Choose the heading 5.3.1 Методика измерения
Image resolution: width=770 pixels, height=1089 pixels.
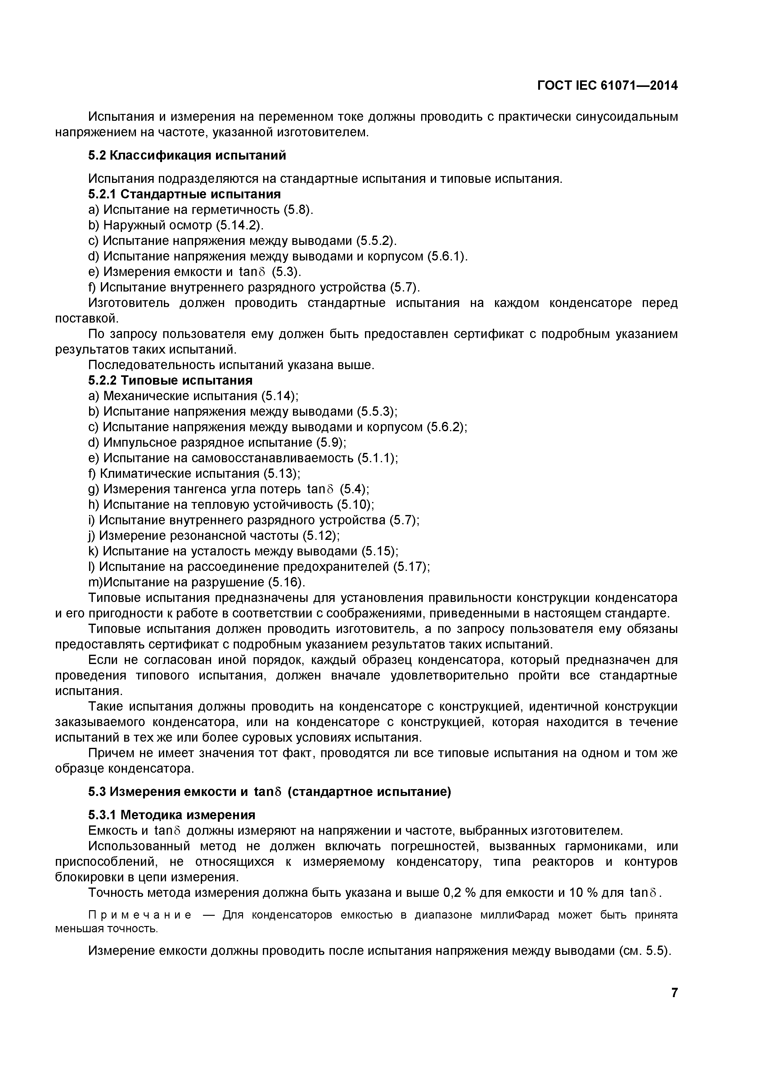pos(172,815)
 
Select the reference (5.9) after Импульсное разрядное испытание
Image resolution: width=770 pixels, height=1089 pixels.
pos(331,443)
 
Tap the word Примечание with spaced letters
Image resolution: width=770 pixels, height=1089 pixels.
pos(140,915)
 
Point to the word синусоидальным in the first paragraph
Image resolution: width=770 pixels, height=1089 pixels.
pos(626,117)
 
